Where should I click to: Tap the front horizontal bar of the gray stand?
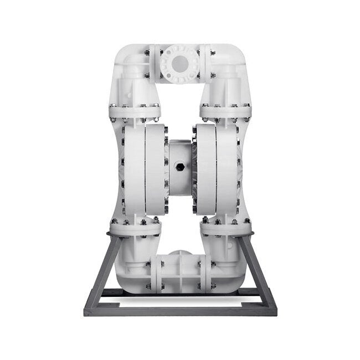coord(180,309)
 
